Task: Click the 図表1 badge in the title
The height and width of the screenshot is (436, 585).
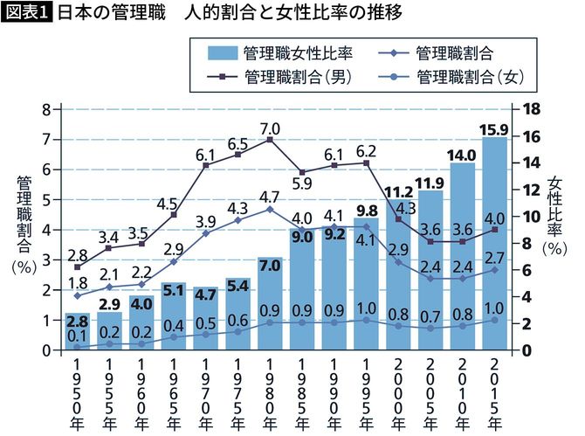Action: [x=27, y=15]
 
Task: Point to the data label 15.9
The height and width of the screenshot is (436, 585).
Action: [x=494, y=128]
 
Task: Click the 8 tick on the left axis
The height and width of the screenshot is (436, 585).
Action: [x=45, y=109]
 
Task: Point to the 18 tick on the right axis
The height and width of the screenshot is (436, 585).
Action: [x=533, y=109]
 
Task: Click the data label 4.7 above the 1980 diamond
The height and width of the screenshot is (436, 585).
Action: [x=270, y=197]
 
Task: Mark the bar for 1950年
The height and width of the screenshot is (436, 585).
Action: [x=78, y=332]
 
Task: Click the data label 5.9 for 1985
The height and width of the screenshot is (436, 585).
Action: [x=302, y=184]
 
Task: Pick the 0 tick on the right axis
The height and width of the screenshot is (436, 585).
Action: [x=527, y=350]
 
